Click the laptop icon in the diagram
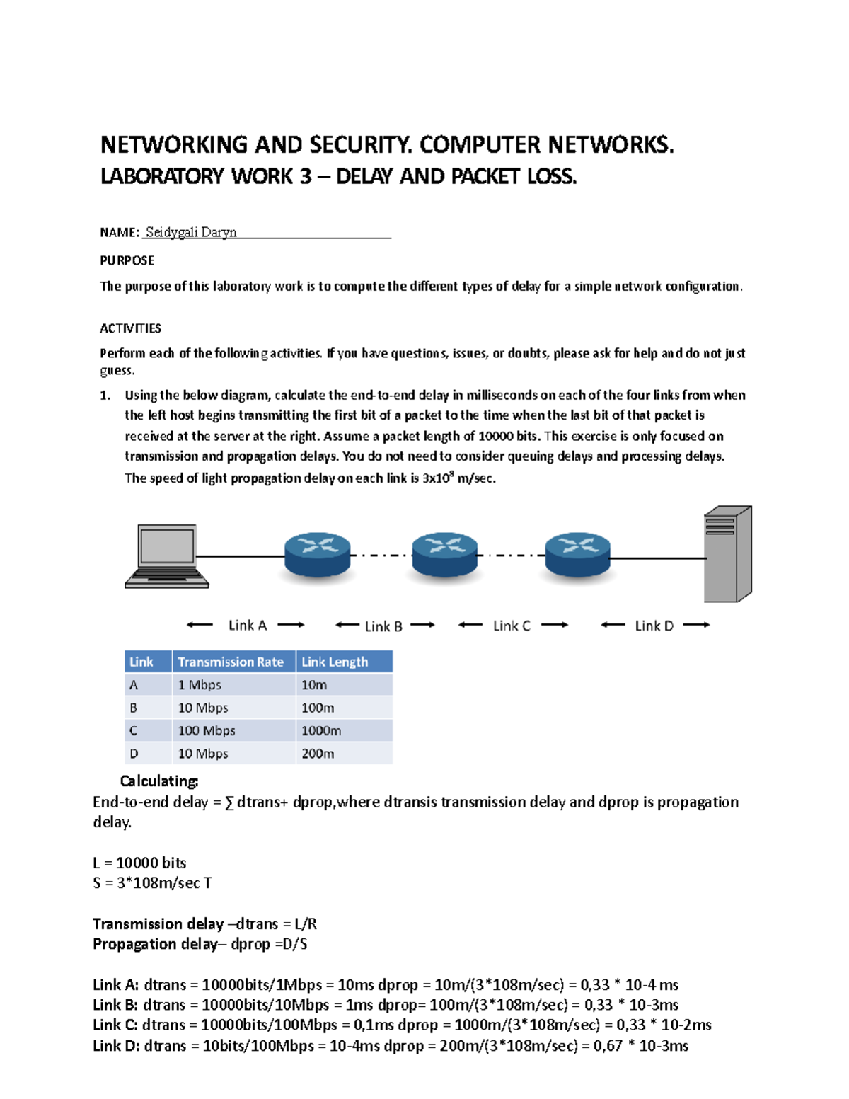click(x=167, y=556)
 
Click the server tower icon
click(x=727, y=554)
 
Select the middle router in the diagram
click(x=444, y=555)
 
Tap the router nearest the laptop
click(x=317, y=555)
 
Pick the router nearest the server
click(x=577, y=555)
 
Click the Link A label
click(x=247, y=625)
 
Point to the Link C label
click(x=512, y=626)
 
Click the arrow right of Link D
click(x=697, y=625)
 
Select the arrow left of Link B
click(x=347, y=625)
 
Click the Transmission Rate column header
click(x=231, y=662)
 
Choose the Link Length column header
click(x=335, y=662)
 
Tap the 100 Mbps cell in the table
click(x=207, y=730)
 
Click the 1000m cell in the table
click(x=321, y=730)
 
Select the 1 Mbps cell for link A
click(x=200, y=685)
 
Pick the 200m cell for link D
click(x=318, y=754)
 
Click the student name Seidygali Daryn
click(x=191, y=232)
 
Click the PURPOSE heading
click(x=127, y=260)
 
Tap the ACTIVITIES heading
click(x=130, y=328)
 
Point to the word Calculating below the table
click(x=159, y=781)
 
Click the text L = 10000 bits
click(x=139, y=863)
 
